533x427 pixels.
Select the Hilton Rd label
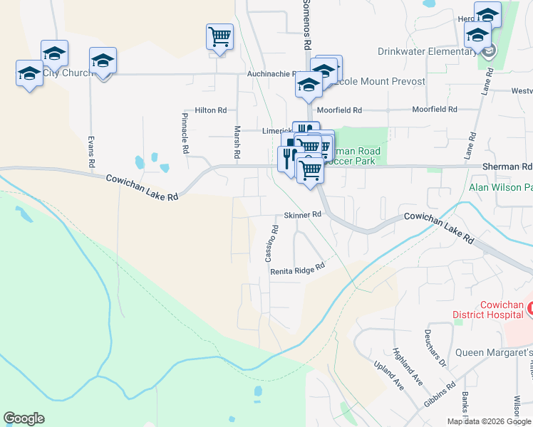coord(210,110)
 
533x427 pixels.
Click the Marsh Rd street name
coord(237,142)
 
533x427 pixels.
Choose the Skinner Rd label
coord(303,214)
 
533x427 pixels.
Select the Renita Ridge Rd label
coord(297,269)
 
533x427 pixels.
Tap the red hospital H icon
coord(530,308)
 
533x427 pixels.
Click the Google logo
coord(24,418)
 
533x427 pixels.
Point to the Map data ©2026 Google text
coord(488,421)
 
